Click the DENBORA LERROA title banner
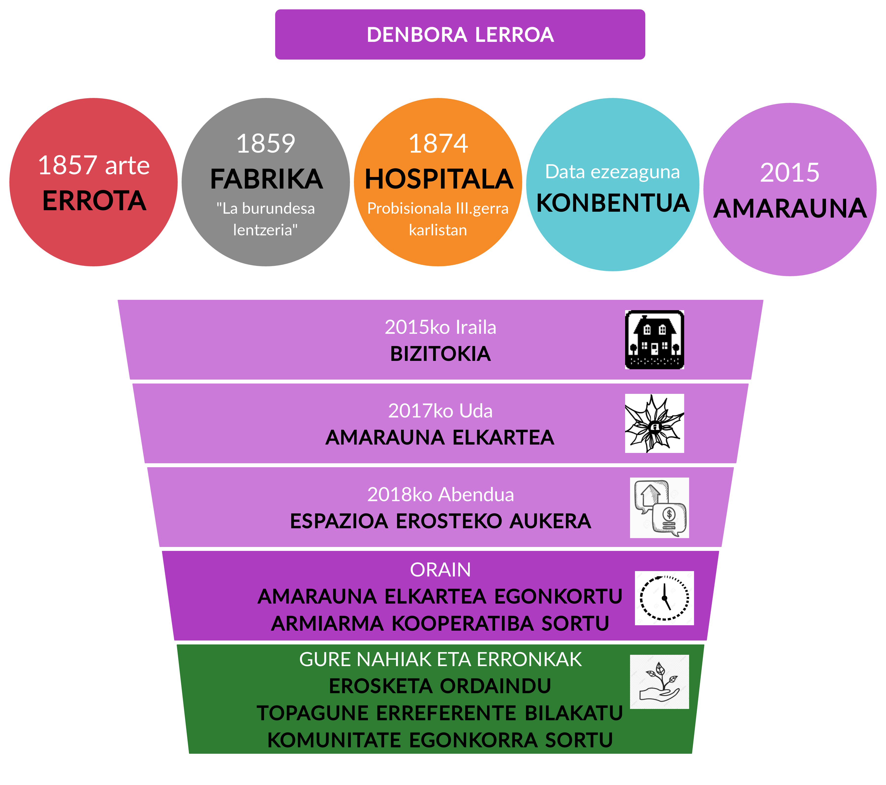tap(460, 35)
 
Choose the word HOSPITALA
tap(439, 179)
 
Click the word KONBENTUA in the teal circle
tap(613, 203)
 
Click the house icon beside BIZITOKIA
tap(654, 339)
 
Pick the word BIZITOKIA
tap(440, 354)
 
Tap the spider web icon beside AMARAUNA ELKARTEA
tap(654, 423)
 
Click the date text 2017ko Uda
tap(440, 411)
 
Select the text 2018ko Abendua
tap(440, 495)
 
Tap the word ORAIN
tap(440, 570)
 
